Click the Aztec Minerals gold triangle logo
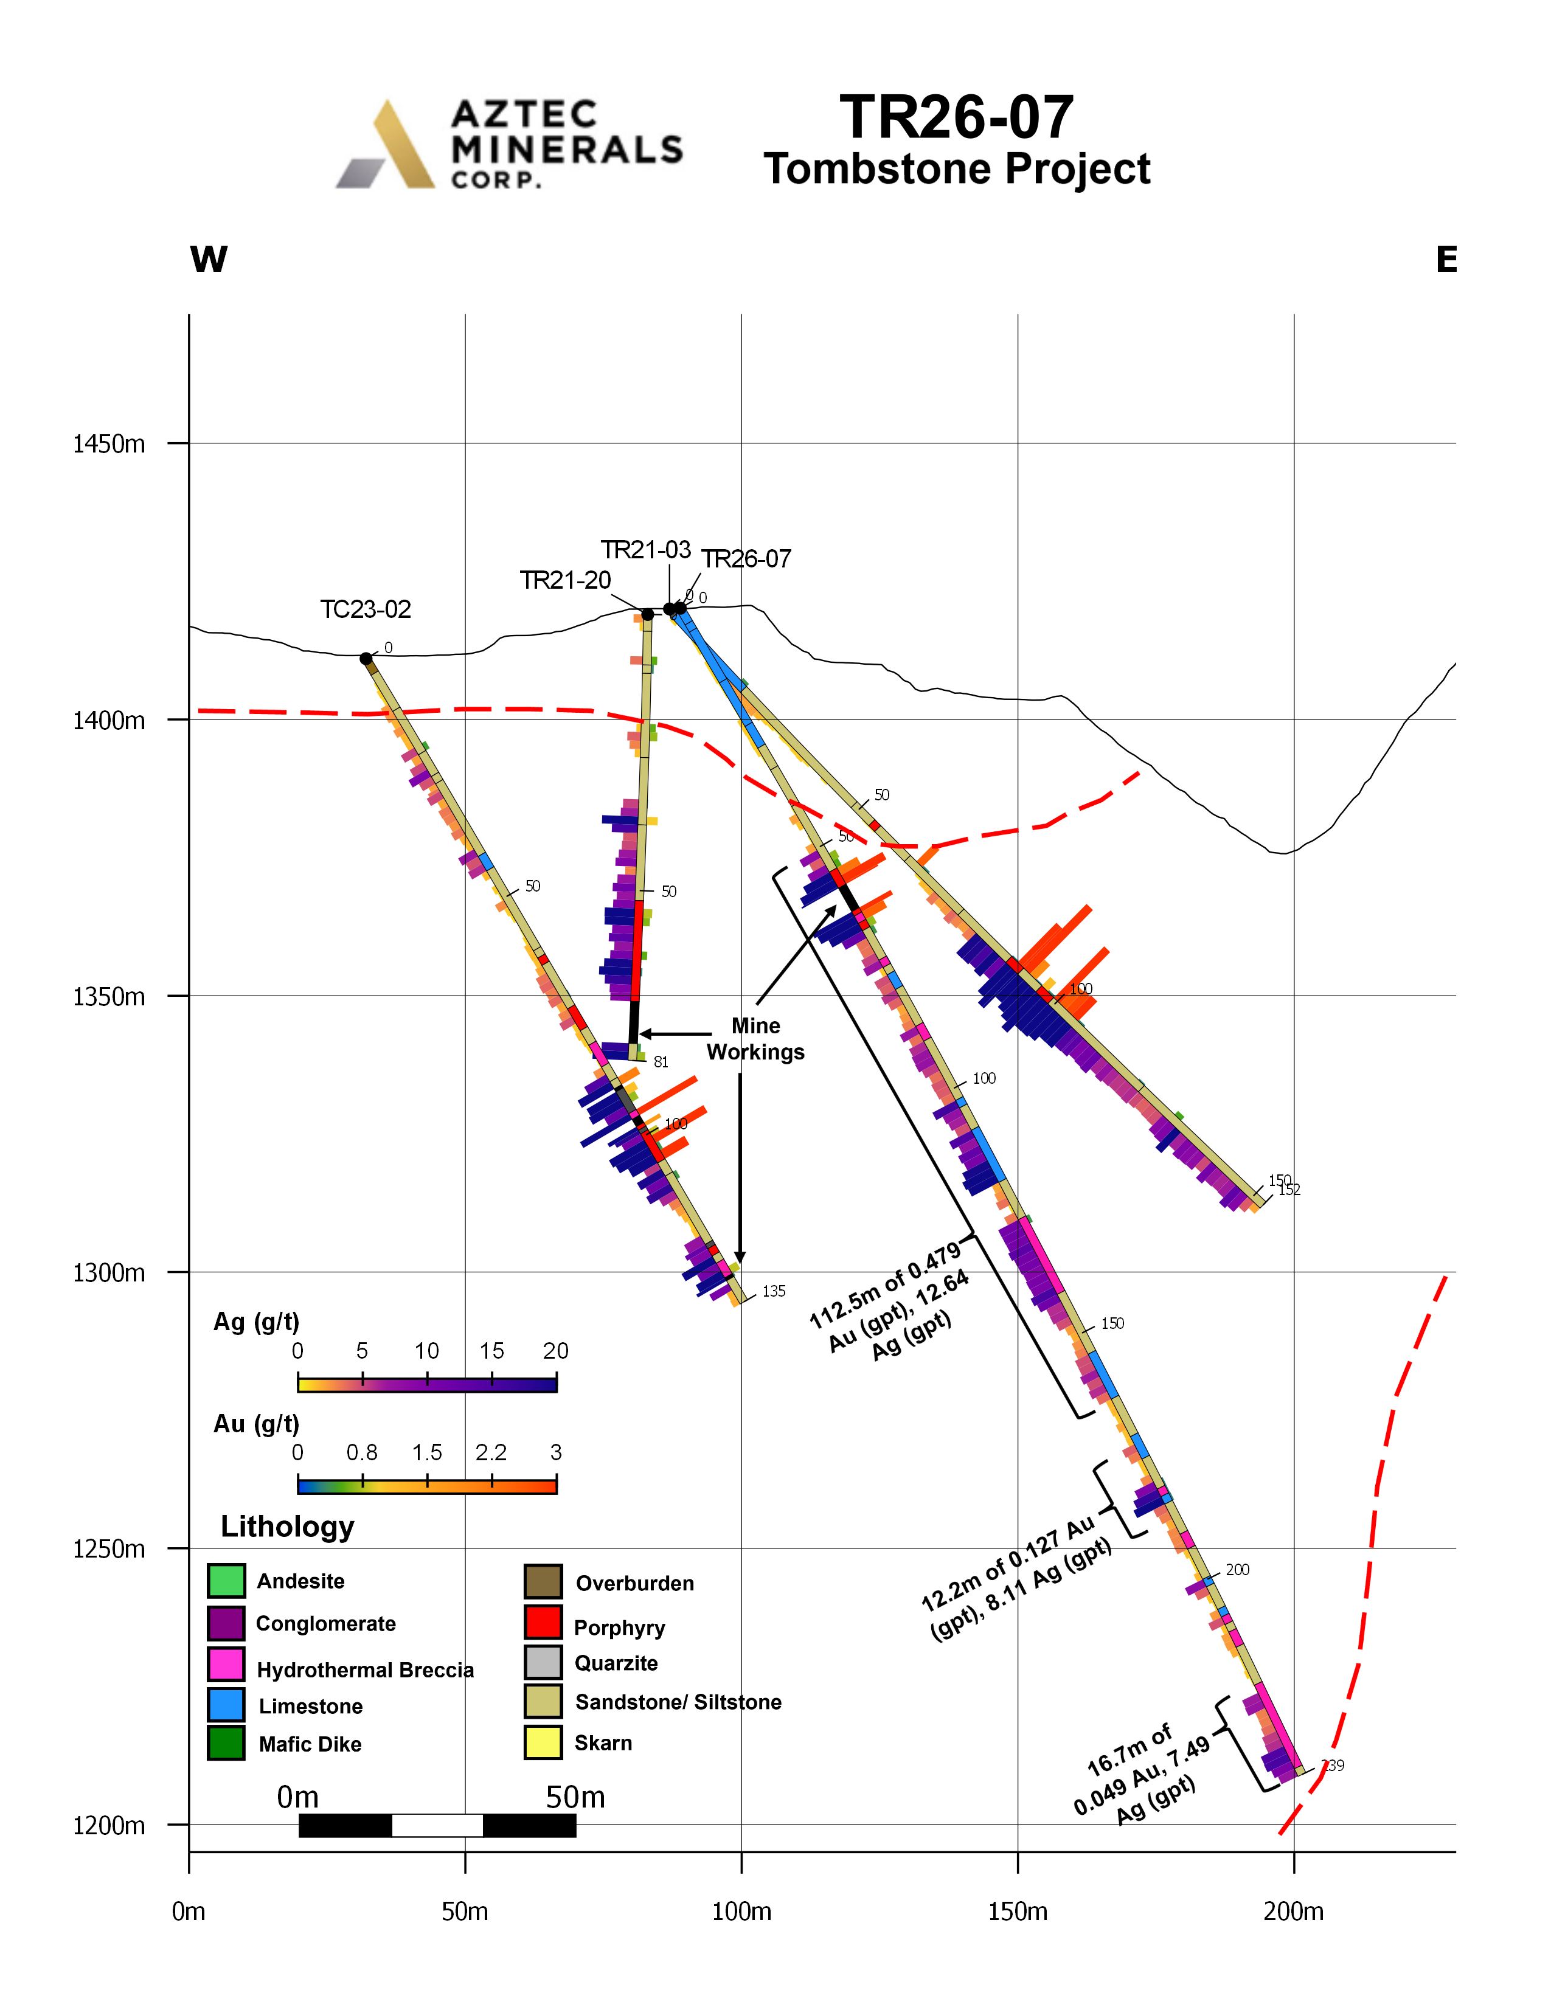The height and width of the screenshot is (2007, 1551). coord(400,145)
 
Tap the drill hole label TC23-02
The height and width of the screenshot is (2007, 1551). coord(365,609)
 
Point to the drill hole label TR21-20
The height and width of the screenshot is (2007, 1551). coord(565,580)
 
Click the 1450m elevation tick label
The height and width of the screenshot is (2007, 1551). coord(108,444)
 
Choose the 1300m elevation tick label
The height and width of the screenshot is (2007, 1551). coord(108,1273)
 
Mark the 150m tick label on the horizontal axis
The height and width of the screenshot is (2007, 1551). coord(1017,1912)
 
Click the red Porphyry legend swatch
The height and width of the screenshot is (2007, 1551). coord(543,1622)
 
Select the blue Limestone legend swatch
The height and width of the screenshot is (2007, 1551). coord(226,1705)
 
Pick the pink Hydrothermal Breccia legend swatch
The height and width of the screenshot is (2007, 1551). coord(226,1664)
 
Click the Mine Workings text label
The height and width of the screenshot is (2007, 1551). coord(755,1038)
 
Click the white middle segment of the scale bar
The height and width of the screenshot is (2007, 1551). coord(437,1825)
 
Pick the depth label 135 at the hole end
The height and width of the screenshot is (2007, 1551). coord(774,1291)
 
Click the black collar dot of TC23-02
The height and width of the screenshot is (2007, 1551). coord(366,658)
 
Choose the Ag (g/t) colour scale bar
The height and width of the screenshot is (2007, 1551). coord(427,1385)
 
